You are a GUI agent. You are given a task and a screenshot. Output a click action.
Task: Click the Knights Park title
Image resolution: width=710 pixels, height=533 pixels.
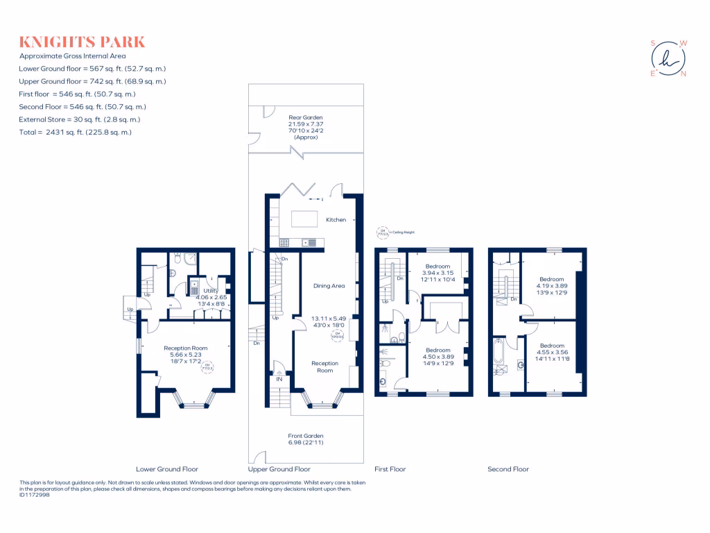pyautogui.click(x=83, y=42)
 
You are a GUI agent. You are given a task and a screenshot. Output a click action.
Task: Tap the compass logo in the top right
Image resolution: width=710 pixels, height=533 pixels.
pyautogui.click(x=668, y=58)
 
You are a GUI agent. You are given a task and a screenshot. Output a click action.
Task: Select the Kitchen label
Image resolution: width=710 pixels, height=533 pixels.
pyautogui.click(x=336, y=220)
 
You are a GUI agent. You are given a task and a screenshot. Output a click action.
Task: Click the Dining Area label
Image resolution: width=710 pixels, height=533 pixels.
pyautogui.click(x=329, y=286)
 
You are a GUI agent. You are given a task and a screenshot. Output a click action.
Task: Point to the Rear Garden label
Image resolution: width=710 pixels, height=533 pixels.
pyautogui.click(x=305, y=118)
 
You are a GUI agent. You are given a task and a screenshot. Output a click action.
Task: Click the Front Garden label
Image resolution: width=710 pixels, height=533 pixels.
pyautogui.click(x=306, y=436)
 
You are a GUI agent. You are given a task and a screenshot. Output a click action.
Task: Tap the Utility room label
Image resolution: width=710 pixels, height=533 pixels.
pyautogui.click(x=211, y=291)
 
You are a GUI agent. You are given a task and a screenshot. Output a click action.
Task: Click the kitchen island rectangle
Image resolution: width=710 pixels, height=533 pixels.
pyautogui.click(x=304, y=219)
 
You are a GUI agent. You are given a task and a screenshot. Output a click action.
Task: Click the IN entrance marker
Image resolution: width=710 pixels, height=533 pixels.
pyautogui.click(x=279, y=380)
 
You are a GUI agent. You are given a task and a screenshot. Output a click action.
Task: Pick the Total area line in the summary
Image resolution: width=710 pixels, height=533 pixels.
pyautogui.click(x=76, y=132)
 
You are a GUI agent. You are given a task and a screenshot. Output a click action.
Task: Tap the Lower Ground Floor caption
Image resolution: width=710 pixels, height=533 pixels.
pyautogui.click(x=166, y=469)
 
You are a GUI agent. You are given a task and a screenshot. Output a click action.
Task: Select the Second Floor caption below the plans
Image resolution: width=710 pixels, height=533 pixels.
pyautogui.click(x=508, y=469)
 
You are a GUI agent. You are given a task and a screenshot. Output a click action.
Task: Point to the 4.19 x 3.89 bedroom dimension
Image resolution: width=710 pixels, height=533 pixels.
pyautogui.click(x=552, y=285)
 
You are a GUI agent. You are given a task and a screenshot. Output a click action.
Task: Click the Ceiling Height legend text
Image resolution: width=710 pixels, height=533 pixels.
pyautogui.click(x=403, y=232)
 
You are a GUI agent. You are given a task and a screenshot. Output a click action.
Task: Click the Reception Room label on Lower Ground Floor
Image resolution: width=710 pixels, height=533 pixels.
pyautogui.click(x=185, y=348)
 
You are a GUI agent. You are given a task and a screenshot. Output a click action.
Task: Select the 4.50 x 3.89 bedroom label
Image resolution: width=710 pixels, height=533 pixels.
pyautogui.click(x=438, y=357)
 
